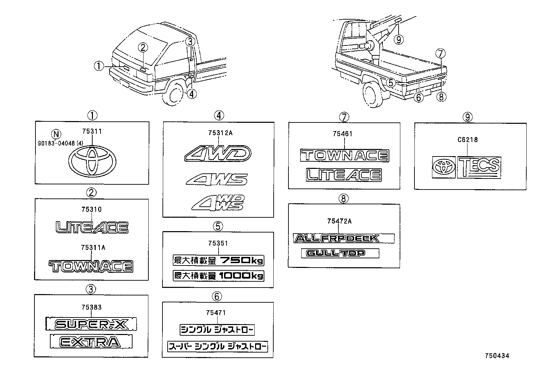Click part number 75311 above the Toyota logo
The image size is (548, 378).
(92, 131)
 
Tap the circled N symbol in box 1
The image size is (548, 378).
(54, 134)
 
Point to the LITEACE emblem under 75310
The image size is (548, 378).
(92, 227)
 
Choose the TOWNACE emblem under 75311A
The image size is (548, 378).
(91, 267)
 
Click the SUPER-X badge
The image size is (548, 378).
(91, 324)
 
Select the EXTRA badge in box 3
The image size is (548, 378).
(91, 342)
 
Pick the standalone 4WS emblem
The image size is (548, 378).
(217, 179)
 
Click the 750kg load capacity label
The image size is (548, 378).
(218, 261)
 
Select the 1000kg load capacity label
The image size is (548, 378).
(218, 276)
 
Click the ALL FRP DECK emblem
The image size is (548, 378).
(344, 238)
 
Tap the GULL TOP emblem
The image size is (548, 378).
(340, 253)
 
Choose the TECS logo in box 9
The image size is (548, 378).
(479, 167)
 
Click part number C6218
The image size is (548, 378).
(467, 140)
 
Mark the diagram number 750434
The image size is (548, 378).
(497, 356)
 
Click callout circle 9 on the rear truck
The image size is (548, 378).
(399, 40)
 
